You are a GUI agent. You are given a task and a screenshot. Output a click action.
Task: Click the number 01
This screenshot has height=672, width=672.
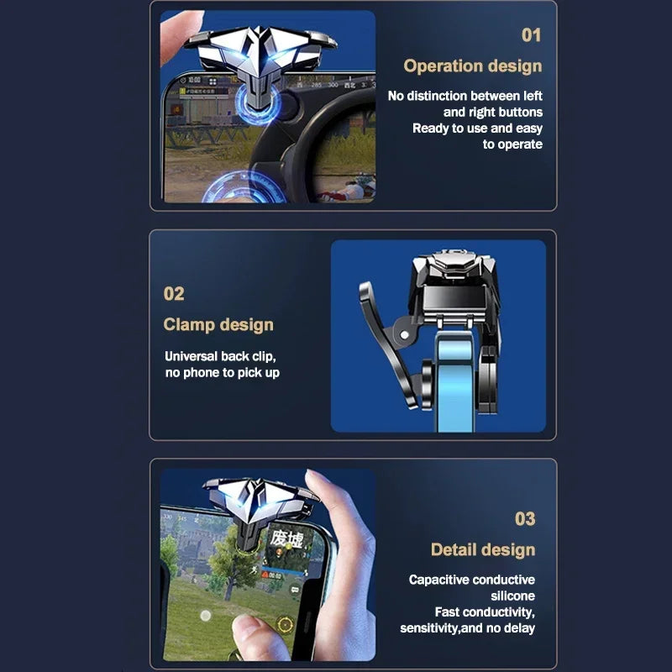tap(531, 35)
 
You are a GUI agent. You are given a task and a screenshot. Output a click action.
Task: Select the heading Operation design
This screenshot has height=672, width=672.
tap(472, 66)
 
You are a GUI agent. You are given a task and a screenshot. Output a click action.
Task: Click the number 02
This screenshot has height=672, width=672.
tap(174, 294)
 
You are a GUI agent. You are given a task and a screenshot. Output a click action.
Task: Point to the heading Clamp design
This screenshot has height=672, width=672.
tap(218, 325)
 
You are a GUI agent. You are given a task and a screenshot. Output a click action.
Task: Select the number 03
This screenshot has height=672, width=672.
tap(524, 519)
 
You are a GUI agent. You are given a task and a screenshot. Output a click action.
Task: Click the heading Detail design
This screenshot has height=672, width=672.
tap(482, 550)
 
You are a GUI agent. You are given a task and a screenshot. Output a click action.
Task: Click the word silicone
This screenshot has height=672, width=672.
tap(512, 596)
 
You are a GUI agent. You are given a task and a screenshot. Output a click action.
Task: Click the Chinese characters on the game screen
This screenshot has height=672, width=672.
tap(286, 538)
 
